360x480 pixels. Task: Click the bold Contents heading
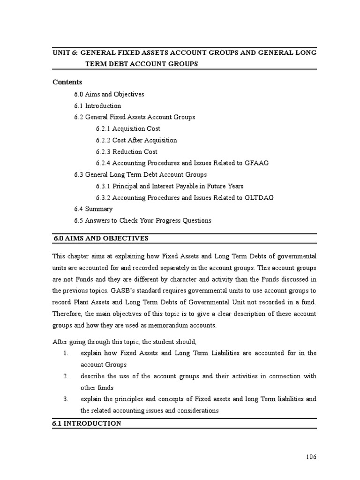click(x=67, y=82)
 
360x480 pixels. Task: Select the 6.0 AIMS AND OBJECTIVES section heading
click(x=101, y=238)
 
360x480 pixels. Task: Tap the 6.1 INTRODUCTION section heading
click(x=87, y=423)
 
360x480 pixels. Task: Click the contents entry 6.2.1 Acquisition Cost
click(x=128, y=128)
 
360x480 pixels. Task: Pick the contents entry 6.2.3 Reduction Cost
click(x=127, y=151)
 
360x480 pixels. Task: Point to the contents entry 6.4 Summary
click(x=93, y=209)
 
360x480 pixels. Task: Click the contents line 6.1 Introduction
click(x=97, y=105)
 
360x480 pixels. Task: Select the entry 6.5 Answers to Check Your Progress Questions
click(x=142, y=220)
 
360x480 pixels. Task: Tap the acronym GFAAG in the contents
click(x=256, y=163)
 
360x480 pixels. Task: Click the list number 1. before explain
click(x=66, y=353)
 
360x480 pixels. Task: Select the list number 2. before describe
click(x=66, y=376)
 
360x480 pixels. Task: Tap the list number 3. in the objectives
click(x=66, y=399)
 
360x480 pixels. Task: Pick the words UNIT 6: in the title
click(x=66, y=52)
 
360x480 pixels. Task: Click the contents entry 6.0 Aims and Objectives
click(x=109, y=94)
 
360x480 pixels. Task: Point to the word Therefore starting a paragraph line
click(x=68, y=314)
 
